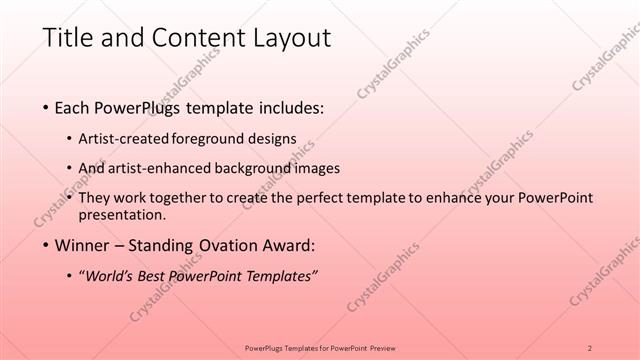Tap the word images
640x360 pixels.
pyautogui.click(x=317, y=168)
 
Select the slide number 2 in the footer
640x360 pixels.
pyautogui.click(x=590, y=347)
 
